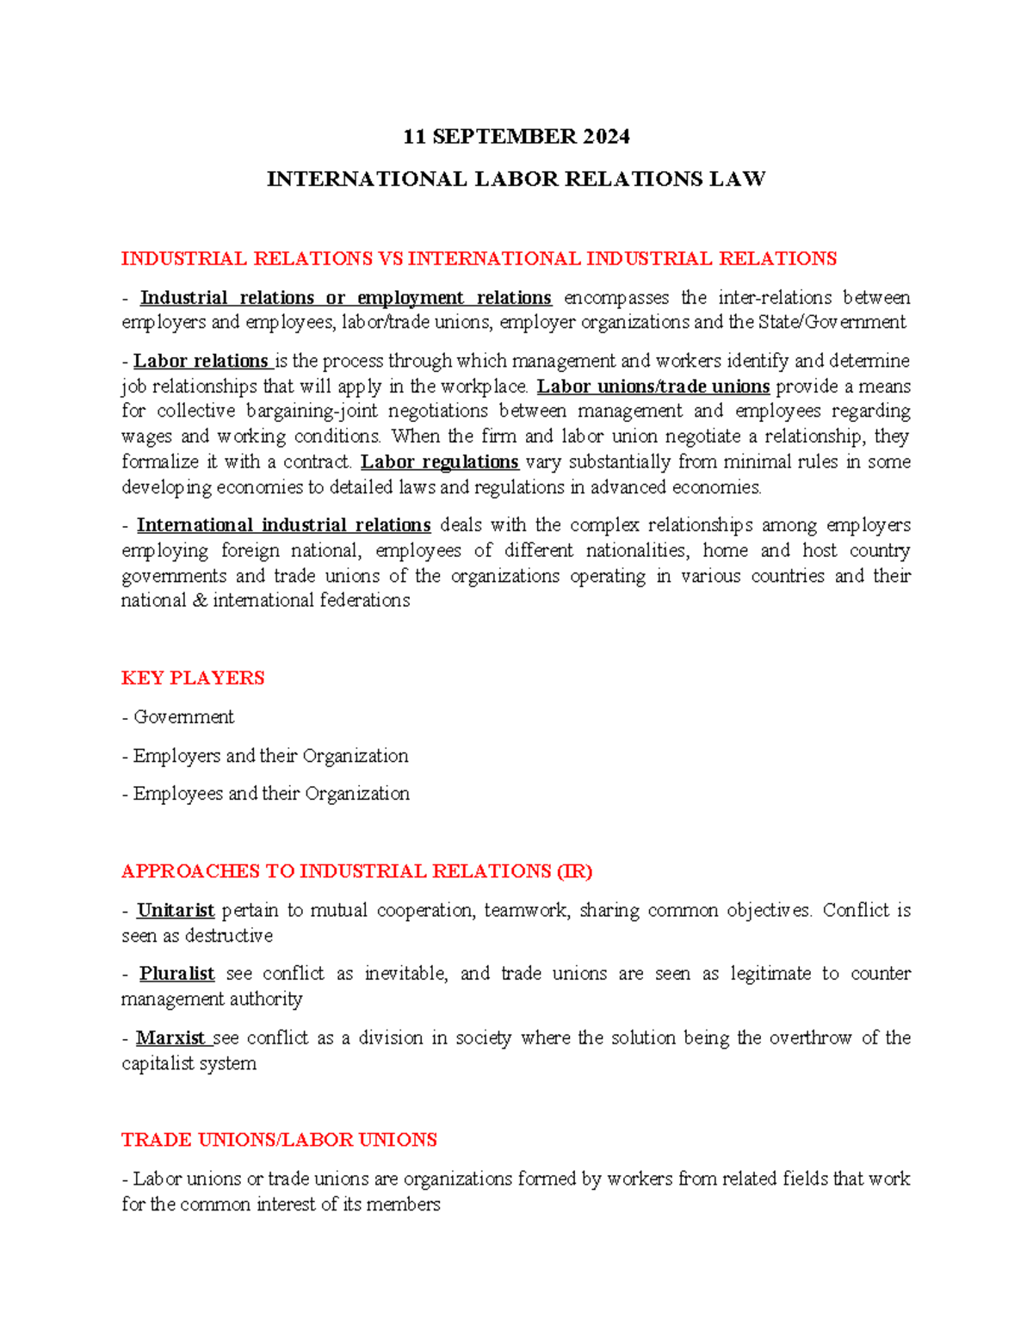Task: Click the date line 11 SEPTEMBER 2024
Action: coord(516,137)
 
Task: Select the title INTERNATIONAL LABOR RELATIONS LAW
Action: coord(516,179)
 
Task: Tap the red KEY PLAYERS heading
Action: coord(193,678)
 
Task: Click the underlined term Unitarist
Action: coord(176,911)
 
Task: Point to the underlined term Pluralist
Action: coord(176,974)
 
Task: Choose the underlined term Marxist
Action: coord(170,1038)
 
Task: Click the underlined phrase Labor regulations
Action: coord(439,462)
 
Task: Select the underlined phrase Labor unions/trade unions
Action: coord(653,387)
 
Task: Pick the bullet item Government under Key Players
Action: coord(183,717)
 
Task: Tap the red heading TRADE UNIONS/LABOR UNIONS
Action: coord(279,1140)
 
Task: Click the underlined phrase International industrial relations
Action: coord(284,525)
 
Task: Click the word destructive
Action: coord(229,936)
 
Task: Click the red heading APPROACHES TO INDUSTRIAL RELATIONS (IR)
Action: coord(356,871)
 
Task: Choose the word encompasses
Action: coord(616,298)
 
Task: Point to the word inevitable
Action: coord(405,974)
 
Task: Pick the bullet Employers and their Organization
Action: coord(270,756)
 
